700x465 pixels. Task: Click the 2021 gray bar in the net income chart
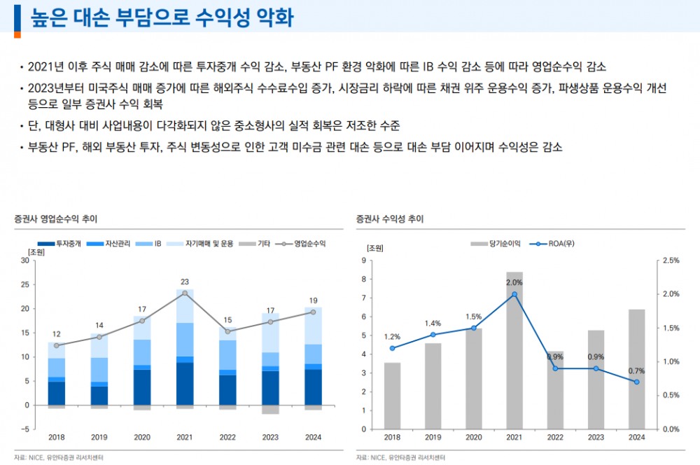(514, 350)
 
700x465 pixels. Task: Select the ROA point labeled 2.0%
(514, 294)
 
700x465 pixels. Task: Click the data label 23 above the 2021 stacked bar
(185, 282)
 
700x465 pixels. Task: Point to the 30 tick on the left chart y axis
(25, 261)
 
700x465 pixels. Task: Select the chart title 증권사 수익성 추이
(389, 219)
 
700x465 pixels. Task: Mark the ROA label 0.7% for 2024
(636, 371)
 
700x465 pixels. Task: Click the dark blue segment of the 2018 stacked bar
(57, 394)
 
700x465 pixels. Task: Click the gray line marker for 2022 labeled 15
(227, 331)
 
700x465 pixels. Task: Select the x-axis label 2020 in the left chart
(142, 437)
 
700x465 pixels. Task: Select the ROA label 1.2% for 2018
(392, 337)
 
